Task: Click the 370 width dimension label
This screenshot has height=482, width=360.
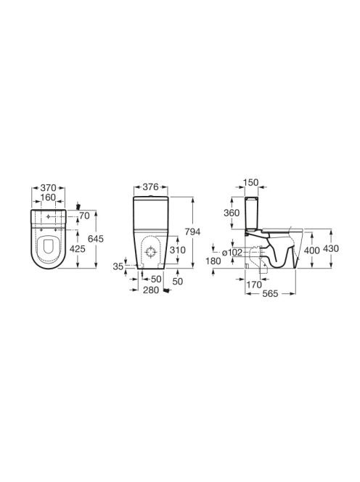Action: click(x=49, y=187)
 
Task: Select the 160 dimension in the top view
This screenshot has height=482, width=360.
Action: click(x=49, y=197)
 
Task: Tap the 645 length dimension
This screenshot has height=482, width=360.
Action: click(x=96, y=239)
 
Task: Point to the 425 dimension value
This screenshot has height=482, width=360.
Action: click(x=77, y=249)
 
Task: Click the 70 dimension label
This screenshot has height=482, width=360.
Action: click(x=84, y=216)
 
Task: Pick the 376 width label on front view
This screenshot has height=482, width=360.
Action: click(x=151, y=187)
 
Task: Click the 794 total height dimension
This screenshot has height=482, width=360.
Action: click(x=192, y=232)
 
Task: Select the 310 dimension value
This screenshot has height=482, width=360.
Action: click(x=178, y=250)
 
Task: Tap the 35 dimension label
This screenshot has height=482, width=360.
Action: click(x=118, y=266)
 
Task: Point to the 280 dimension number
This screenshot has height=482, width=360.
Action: click(x=151, y=290)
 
